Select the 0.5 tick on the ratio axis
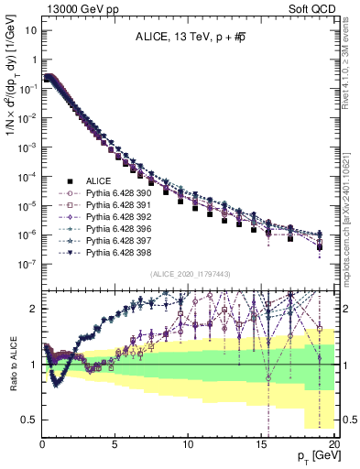click(30, 420)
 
